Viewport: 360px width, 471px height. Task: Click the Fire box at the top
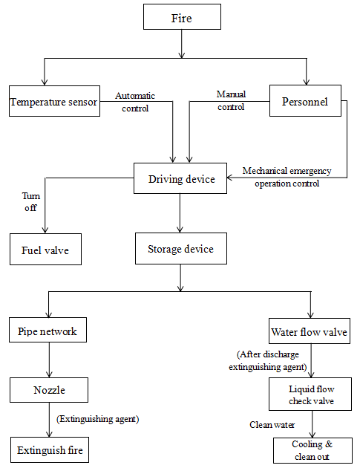[x=182, y=17]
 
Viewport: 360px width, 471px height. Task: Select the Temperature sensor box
[x=54, y=101]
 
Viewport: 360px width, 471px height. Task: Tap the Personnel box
[x=305, y=100]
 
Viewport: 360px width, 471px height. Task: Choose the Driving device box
[x=180, y=178]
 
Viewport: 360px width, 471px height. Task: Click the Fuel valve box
[x=45, y=250]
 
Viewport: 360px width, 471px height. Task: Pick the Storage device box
[x=181, y=248]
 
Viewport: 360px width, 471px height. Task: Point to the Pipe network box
[x=48, y=330]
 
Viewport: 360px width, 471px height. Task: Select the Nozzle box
[x=49, y=390]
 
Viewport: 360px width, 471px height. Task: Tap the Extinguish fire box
[x=50, y=450]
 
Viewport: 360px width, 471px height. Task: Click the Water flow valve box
[x=310, y=331]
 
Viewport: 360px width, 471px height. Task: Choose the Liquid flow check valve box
[x=310, y=394]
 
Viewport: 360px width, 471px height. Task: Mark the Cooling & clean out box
[x=312, y=450]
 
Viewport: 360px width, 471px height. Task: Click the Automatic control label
[x=135, y=102]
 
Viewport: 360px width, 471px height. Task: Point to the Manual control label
[x=231, y=100]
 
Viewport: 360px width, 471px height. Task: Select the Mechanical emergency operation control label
[x=287, y=177]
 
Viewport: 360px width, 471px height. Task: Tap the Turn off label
[x=30, y=201]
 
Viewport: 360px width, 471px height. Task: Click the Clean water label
[x=272, y=425]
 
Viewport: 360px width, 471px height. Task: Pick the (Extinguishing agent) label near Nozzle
[x=97, y=419]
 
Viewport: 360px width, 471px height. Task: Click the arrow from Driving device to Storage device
[x=180, y=213]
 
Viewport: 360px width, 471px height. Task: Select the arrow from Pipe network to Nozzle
[x=49, y=360]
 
